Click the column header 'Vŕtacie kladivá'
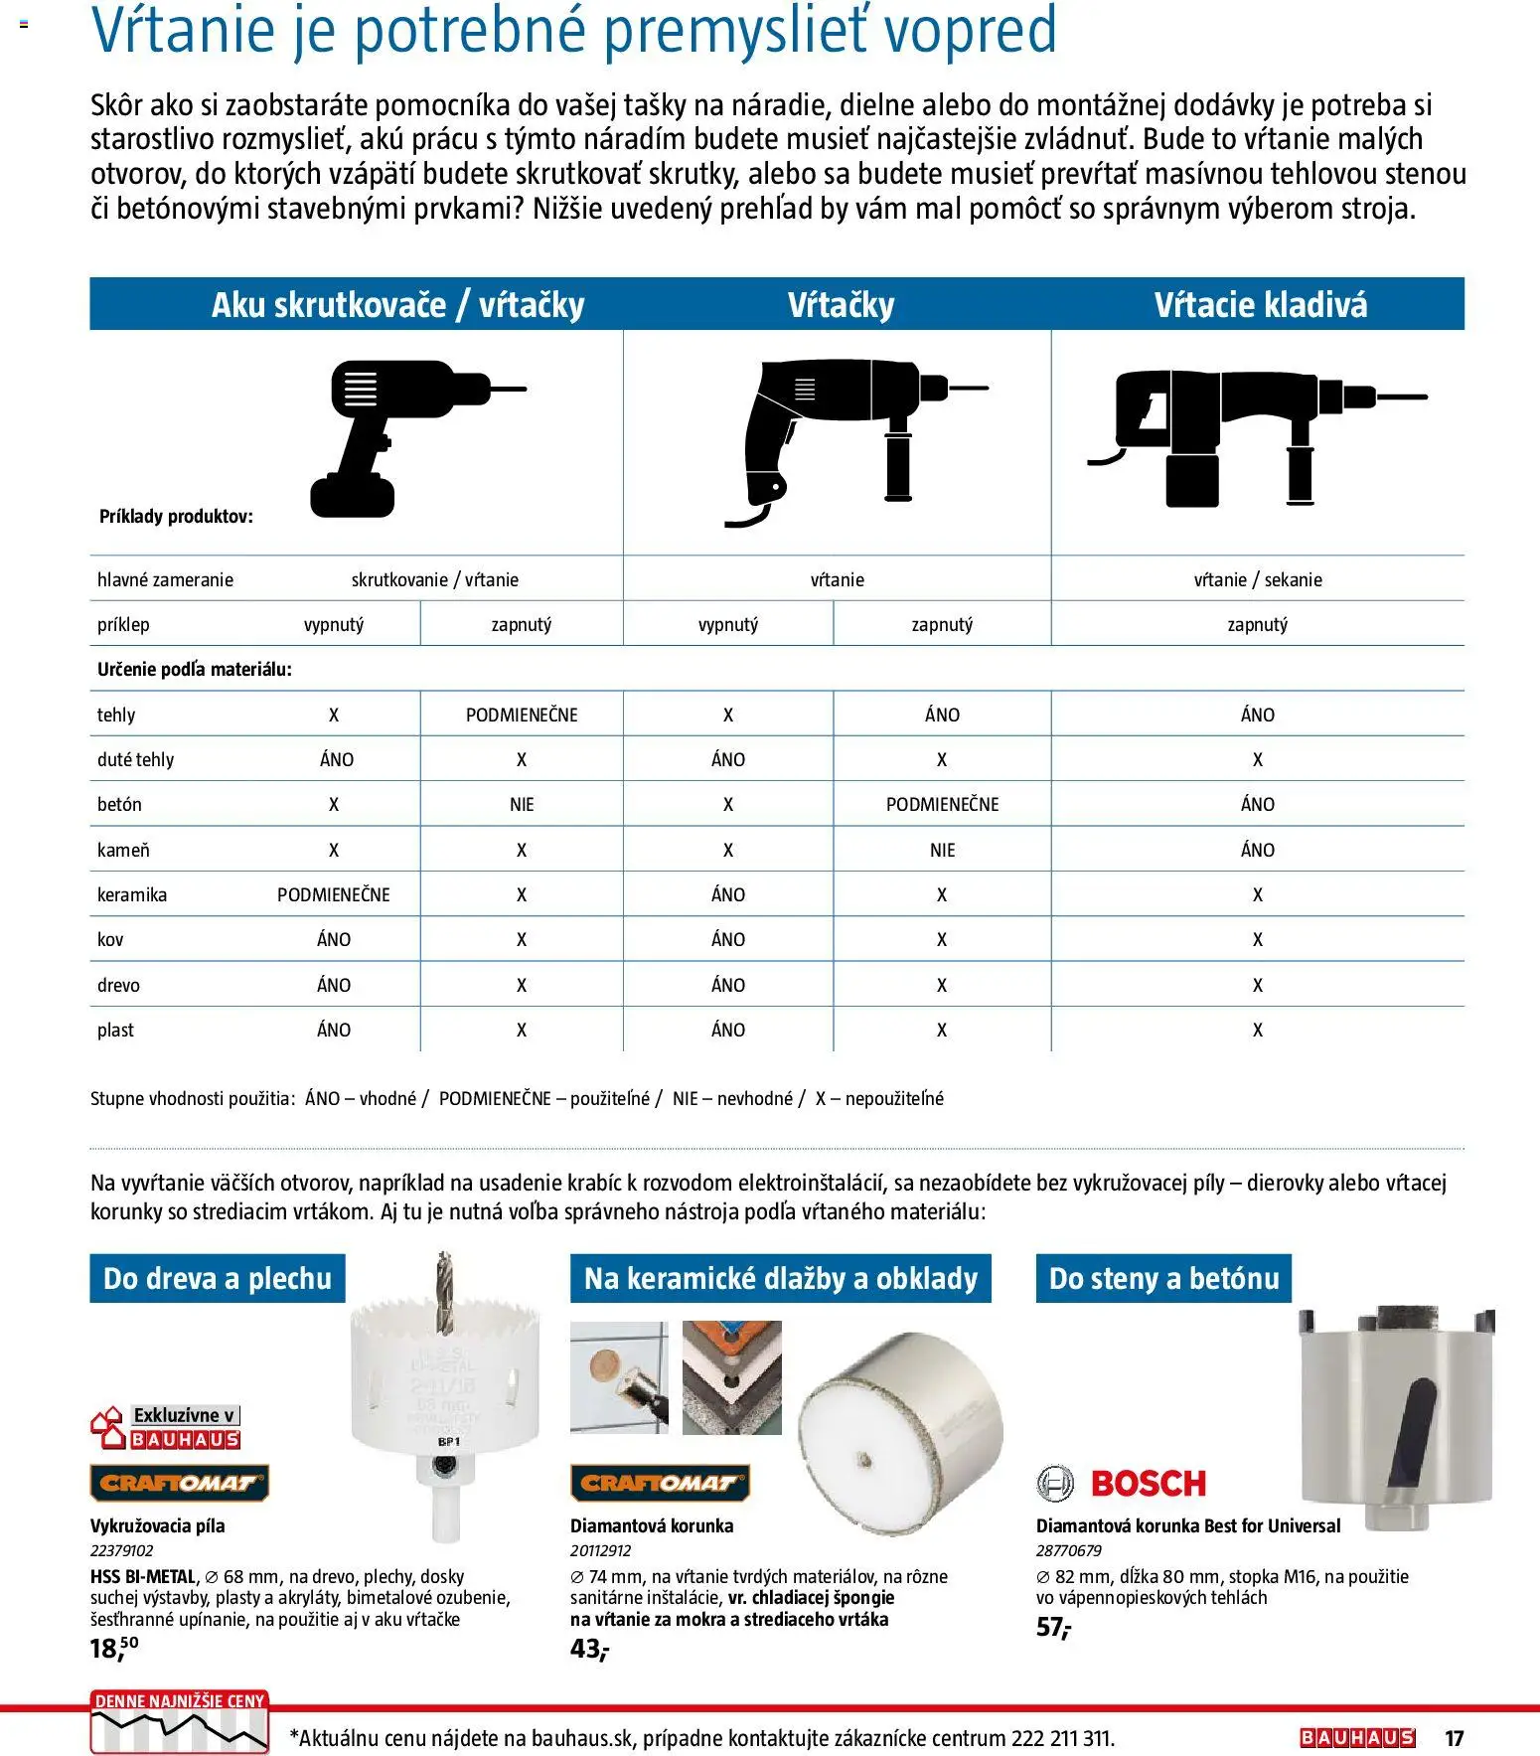(1260, 304)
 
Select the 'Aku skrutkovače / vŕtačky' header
(397, 304)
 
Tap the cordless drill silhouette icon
(402, 437)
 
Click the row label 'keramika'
(132, 894)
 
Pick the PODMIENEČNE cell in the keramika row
(334, 894)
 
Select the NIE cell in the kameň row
(942, 850)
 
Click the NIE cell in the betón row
(522, 804)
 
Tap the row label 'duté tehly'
(135, 759)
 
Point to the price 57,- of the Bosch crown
(1053, 1628)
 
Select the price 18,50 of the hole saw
(113, 1648)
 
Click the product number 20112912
(600, 1550)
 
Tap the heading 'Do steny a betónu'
(1163, 1278)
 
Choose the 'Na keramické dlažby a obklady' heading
(780, 1278)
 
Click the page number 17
(1454, 1738)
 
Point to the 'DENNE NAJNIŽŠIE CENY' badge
(180, 1721)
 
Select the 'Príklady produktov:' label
(176, 517)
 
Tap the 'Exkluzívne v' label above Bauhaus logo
(185, 1415)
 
